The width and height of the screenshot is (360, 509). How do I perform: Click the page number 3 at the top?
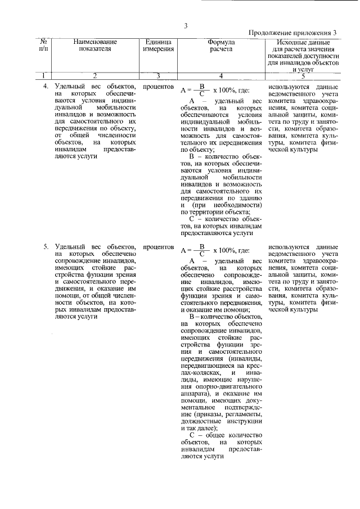(x=184, y=25)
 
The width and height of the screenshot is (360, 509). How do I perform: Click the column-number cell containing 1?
(x=44, y=75)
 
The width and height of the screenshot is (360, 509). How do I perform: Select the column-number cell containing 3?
(x=158, y=75)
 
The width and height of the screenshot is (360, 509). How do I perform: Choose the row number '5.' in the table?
(x=47, y=246)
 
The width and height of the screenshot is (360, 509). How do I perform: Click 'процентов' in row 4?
(x=158, y=88)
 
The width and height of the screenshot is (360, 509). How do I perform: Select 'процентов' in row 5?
(x=158, y=246)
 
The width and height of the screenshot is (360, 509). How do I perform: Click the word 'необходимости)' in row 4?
(x=237, y=204)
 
